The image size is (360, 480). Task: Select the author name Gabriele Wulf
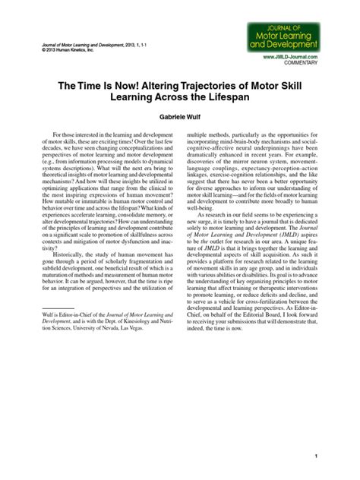(x=180, y=118)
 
